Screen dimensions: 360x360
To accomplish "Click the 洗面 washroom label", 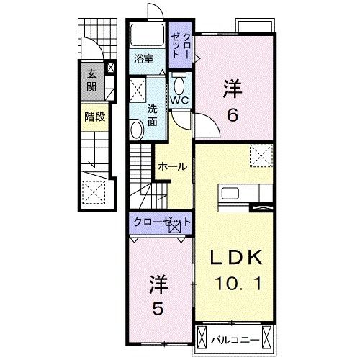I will (x=153, y=115).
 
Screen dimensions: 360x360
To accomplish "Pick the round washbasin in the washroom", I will (x=136, y=129).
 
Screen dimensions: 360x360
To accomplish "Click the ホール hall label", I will (x=172, y=166).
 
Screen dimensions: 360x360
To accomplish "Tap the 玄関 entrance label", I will (x=91, y=81).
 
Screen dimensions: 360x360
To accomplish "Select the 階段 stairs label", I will (x=94, y=117).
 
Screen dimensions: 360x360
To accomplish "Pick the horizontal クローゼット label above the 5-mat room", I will (x=158, y=222).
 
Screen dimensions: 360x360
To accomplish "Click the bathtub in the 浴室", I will (x=148, y=36).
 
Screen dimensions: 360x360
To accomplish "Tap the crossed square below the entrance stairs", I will (x=94, y=192).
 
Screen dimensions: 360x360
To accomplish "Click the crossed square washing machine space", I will (x=136, y=91).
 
